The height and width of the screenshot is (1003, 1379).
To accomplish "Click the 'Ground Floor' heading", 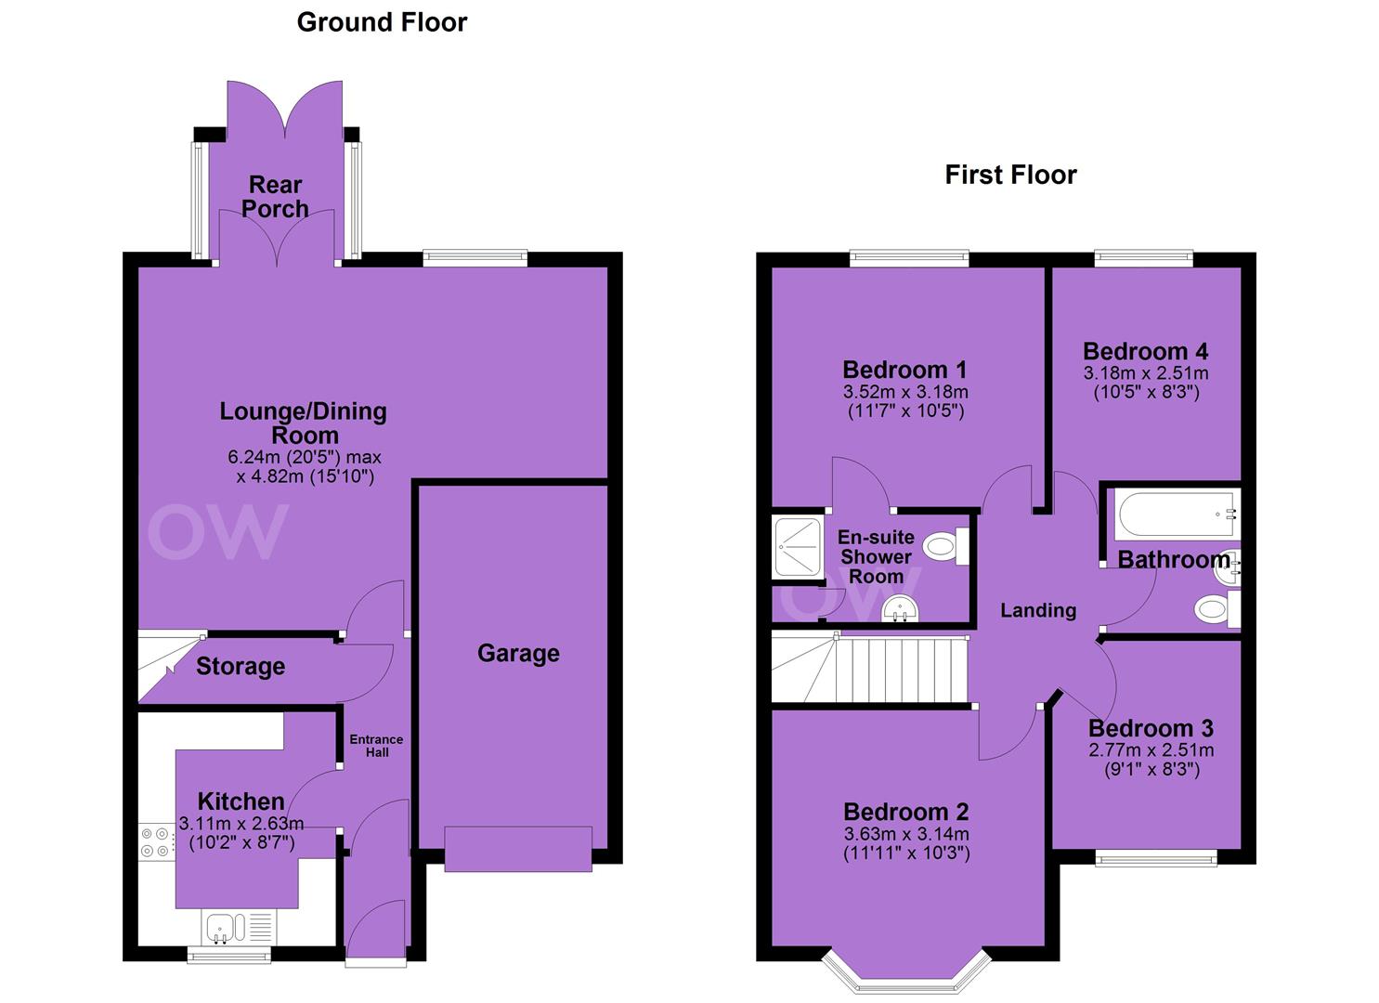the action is click(x=382, y=22).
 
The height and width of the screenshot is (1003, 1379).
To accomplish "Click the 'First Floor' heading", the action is click(x=1010, y=175).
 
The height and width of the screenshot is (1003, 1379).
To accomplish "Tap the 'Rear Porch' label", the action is click(x=275, y=196).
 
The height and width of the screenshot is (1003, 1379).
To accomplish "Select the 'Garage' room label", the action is click(x=518, y=654).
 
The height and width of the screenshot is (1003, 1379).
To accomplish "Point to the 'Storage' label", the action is click(x=241, y=667).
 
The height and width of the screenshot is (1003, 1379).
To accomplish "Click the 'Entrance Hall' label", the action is click(x=376, y=746).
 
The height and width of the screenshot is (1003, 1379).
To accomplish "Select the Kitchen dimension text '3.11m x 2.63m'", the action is click(x=241, y=823).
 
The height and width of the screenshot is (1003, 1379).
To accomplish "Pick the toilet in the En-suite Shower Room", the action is click(x=945, y=545).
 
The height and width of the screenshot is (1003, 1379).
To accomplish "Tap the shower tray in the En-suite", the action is click(x=798, y=547).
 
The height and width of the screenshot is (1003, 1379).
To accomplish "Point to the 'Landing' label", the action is click(x=1038, y=610).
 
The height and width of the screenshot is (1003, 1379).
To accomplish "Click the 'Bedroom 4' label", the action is click(x=1145, y=352).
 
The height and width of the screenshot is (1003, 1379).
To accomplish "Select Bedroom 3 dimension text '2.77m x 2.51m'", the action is click(x=1151, y=750).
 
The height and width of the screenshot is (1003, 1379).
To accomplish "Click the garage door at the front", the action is click(x=518, y=849).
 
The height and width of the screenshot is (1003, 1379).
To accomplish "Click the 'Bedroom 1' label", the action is click(x=904, y=370).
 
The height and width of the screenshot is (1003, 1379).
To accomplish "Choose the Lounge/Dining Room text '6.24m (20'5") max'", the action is click(x=305, y=457).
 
